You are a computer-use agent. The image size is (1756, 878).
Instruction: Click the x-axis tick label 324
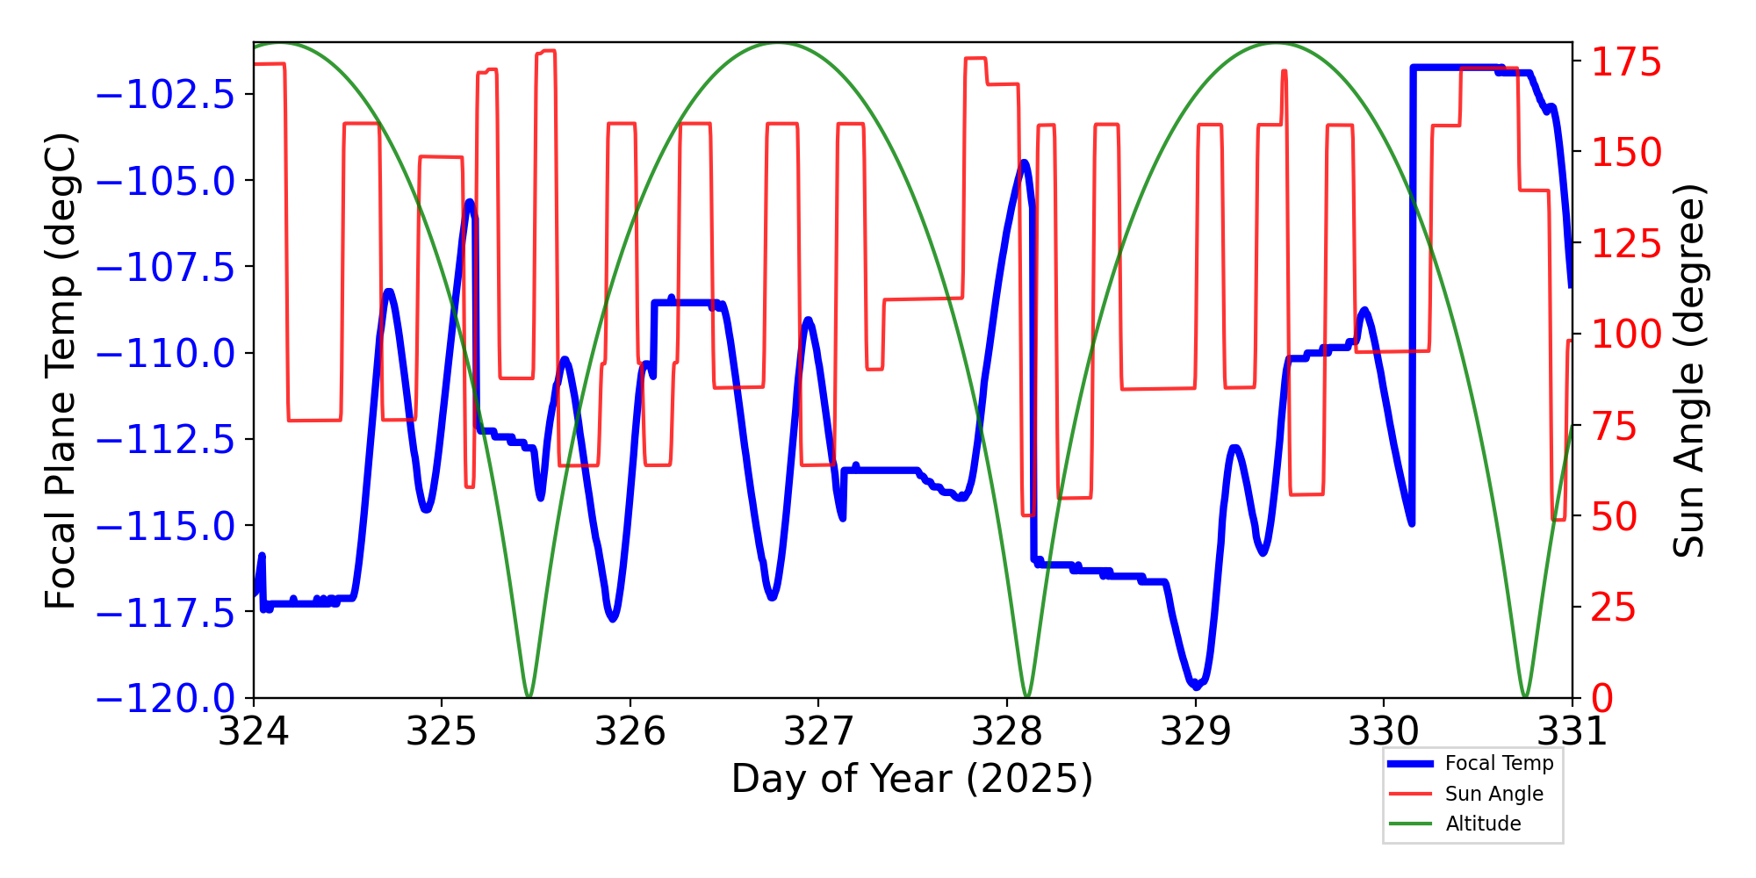tap(254, 731)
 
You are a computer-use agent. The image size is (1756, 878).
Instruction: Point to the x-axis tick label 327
tap(818, 731)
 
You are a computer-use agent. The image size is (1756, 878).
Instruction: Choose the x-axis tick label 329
tap(1195, 731)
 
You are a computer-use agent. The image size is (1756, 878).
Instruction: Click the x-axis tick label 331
tap(1572, 731)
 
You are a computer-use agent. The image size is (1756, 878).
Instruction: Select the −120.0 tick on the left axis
tap(166, 699)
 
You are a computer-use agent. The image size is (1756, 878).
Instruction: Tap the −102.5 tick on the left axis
tap(166, 95)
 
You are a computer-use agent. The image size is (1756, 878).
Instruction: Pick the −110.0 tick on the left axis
tap(166, 354)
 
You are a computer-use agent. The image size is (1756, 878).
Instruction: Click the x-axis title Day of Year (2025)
tap(912, 779)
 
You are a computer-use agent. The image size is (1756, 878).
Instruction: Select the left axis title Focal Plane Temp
tap(61, 371)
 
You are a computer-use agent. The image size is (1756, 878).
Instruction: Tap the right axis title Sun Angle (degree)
tap(1688, 371)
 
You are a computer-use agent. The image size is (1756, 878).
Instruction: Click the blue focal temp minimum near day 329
tap(1195, 685)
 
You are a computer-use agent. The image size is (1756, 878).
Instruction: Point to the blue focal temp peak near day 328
tap(1025, 162)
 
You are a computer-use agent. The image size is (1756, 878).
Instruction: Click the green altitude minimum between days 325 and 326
tap(529, 697)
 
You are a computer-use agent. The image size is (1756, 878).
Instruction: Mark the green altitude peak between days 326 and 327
tap(778, 43)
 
